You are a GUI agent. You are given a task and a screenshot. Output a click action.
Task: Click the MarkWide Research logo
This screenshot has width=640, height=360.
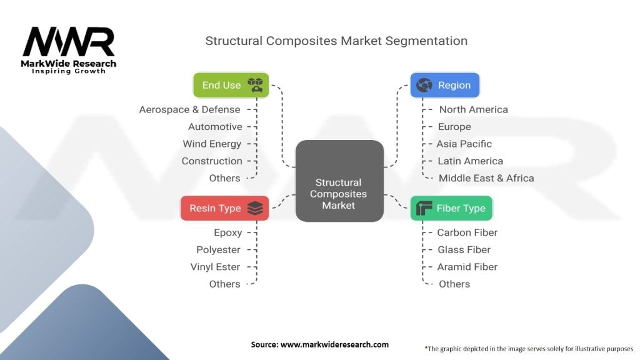(69, 49)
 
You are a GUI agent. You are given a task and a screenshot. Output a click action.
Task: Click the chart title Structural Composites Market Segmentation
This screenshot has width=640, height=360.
(336, 41)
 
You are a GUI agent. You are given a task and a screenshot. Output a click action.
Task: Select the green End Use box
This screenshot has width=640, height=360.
(231, 85)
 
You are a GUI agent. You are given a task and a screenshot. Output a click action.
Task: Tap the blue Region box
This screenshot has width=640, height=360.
(444, 85)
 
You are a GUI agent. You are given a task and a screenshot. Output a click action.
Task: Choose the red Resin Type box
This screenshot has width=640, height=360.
(224, 208)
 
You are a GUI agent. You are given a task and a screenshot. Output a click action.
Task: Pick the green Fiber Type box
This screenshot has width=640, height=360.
(451, 208)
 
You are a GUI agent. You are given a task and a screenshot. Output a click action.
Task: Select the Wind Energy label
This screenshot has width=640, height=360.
(212, 144)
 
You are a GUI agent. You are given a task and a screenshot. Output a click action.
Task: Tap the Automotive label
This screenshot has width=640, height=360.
(215, 127)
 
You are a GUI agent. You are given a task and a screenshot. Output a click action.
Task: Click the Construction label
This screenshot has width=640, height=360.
(212, 161)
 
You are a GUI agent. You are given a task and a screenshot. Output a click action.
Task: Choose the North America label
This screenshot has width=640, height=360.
(473, 109)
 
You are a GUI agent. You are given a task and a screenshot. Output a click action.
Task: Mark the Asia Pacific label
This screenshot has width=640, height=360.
(464, 144)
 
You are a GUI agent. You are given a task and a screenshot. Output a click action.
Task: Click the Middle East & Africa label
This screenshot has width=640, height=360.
(486, 178)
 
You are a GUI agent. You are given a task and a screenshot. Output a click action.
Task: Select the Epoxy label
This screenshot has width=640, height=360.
(227, 232)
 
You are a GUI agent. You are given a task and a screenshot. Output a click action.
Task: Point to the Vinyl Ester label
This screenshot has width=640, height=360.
(215, 267)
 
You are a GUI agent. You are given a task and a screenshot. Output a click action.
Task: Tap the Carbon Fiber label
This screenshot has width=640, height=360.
(467, 232)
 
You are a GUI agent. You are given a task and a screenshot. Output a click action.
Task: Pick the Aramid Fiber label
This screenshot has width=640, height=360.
(467, 267)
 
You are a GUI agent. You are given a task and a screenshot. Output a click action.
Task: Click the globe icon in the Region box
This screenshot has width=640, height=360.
(424, 85)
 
